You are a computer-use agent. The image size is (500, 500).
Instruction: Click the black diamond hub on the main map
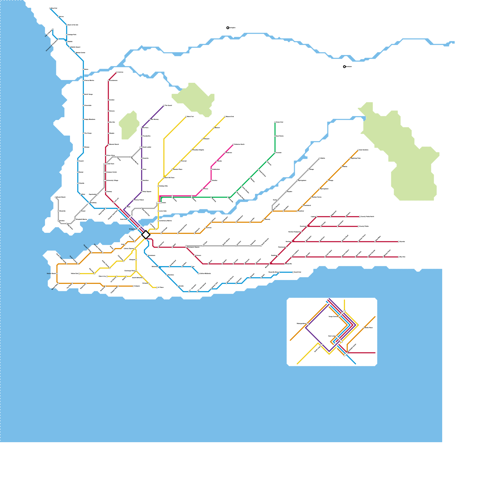[x=146, y=234]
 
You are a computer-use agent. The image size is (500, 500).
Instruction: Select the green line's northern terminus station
[x=275, y=122]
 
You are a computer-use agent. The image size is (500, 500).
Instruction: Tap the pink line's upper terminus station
[x=233, y=144]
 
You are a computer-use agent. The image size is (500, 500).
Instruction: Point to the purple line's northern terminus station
[x=164, y=105]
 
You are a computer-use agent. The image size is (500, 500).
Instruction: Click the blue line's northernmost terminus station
[x=50, y=8]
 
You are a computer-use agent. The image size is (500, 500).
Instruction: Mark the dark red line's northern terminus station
[x=117, y=72]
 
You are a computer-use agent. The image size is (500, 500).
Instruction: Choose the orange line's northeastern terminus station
[x=358, y=150]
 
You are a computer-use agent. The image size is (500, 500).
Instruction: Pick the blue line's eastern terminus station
[x=293, y=272]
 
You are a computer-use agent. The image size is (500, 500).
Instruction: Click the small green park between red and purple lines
[x=129, y=125]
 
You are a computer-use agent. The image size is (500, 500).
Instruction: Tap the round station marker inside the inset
[x=364, y=327]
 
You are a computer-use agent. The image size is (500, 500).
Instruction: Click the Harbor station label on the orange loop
[x=52, y=273]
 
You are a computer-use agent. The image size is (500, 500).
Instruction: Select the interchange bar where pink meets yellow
[x=159, y=203]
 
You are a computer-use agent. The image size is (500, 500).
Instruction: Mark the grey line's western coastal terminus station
[x=56, y=197]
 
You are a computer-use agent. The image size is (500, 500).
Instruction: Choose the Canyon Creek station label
[x=112, y=172]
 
